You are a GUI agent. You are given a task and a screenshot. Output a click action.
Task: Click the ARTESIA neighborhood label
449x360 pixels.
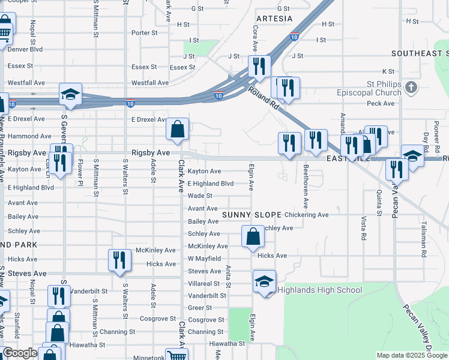pyautogui.click(x=274, y=19)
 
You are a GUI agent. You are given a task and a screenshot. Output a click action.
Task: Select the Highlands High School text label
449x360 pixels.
pyautogui.click(x=319, y=290)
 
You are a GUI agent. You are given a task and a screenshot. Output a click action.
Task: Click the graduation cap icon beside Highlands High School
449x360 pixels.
pyautogui.click(x=264, y=281)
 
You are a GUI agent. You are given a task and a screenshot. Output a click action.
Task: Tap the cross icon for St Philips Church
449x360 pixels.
pyautogui.click(x=411, y=88)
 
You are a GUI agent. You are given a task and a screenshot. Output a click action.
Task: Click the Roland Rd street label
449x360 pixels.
pyautogui.click(x=263, y=98)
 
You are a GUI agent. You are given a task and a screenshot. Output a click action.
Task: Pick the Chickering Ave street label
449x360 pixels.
pyautogui.click(x=307, y=214)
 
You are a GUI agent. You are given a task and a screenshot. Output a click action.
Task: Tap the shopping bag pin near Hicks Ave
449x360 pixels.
pyautogui.click(x=253, y=236)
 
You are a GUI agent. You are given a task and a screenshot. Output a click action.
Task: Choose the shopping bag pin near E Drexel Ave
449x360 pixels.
pyautogui.click(x=178, y=128)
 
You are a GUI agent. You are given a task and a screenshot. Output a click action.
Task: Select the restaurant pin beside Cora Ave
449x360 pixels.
pyautogui.click(x=259, y=65)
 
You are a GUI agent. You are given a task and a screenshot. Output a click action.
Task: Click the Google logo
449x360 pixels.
pyautogui.click(x=20, y=353)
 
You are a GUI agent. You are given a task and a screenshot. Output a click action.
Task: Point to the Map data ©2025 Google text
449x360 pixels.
pyautogui.click(x=412, y=355)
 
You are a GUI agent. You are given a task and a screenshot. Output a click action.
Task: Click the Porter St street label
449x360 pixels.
pyautogui.click(x=144, y=33)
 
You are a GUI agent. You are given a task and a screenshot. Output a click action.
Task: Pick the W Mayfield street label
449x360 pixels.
pyautogui.click(x=204, y=259)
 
